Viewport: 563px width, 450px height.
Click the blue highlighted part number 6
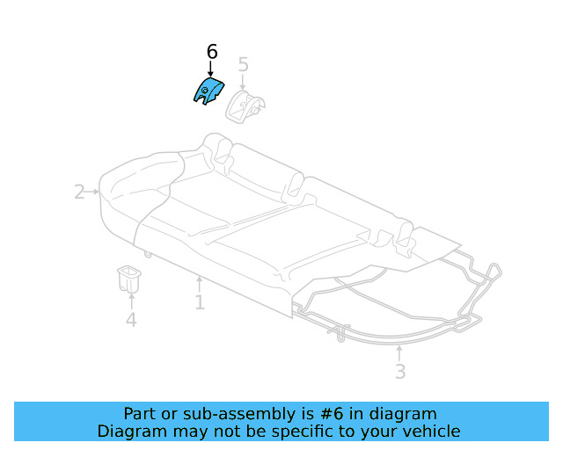[x=208, y=91]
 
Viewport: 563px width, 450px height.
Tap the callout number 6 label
[x=212, y=53]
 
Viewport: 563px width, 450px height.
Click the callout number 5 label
[x=244, y=64]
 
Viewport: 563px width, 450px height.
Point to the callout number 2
[x=79, y=192]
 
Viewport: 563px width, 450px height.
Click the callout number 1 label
[x=200, y=303]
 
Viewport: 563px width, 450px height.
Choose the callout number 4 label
[x=130, y=321]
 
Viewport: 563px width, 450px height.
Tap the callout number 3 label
[x=400, y=372]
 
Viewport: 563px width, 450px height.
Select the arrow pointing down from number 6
[x=210, y=69]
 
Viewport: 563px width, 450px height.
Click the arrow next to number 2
[x=92, y=192]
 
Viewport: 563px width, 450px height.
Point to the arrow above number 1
[x=200, y=284]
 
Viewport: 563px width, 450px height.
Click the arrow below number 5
[x=244, y=83]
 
